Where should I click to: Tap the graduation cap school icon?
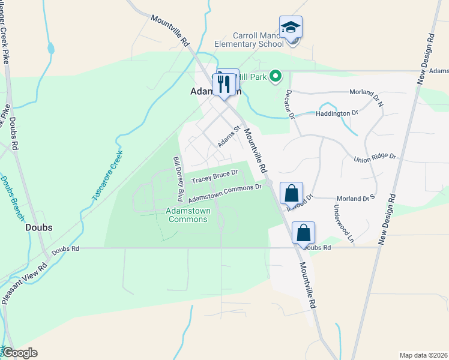click(x=291, y=28)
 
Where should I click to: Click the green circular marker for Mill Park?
click(x=276, y=76)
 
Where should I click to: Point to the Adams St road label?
click(x=229, y=137)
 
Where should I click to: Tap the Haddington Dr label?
click(x=337, y=112)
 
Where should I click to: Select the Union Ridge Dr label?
click(x=375, y=157)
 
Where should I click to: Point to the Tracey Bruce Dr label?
click(x=215, y=176)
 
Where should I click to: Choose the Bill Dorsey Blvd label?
click(x=178, y=179)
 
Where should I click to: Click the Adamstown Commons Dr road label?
click(x=225, y=193)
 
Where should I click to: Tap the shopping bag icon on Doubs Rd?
click(x=303, y=233)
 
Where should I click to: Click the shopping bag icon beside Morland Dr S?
click(x=291, y=194)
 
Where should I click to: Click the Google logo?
click(x=20, y=353)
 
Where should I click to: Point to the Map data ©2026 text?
click(x=423, y=355)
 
